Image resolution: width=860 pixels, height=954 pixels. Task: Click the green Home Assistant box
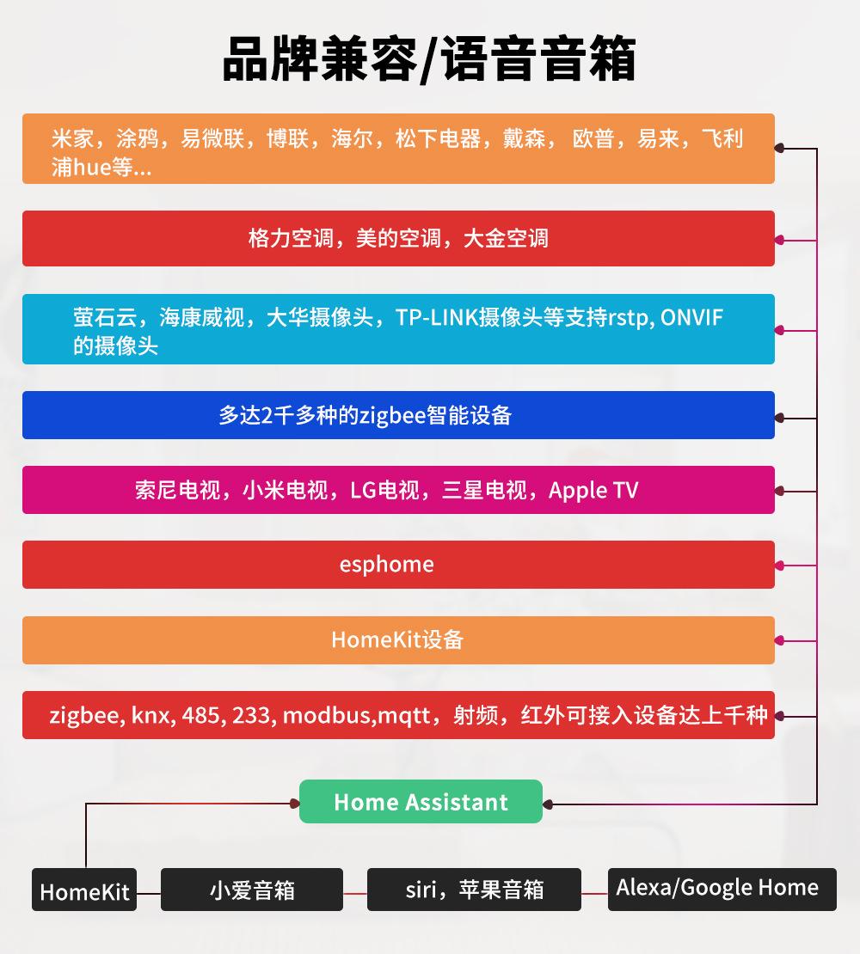(x=421, y=802)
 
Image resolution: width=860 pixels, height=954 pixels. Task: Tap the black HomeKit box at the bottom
(x=84, y=892)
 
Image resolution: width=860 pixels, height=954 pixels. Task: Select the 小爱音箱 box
(x=252, y=890)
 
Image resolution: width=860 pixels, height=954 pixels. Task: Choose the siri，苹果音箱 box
(x=474, y=890)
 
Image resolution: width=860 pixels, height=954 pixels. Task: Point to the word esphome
(x=386, y=565)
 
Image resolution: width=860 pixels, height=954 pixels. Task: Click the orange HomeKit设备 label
(x=397, y=639)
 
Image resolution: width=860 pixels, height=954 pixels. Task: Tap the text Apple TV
(x=593, y=490)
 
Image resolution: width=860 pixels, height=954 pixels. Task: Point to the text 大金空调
(x=506, y=238)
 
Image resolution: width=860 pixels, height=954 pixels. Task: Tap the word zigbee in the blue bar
(x=390, y=415)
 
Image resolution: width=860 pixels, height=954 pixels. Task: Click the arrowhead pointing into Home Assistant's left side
(x=294, y=804)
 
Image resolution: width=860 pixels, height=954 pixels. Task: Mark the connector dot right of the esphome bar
(x=779, y=566)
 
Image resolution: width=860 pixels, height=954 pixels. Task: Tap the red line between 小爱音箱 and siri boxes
(x=355, y=894)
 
